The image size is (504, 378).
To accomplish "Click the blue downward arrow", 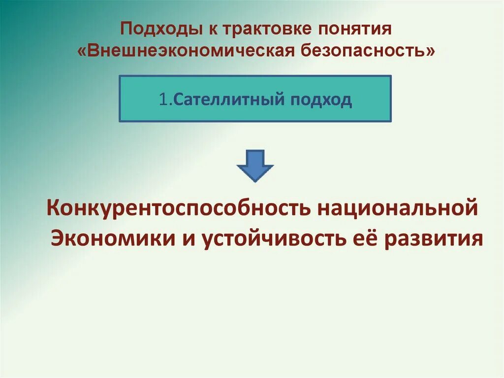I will click(x=255, y=166).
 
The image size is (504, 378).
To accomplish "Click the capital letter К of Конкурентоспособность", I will click(x=53, y=207).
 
